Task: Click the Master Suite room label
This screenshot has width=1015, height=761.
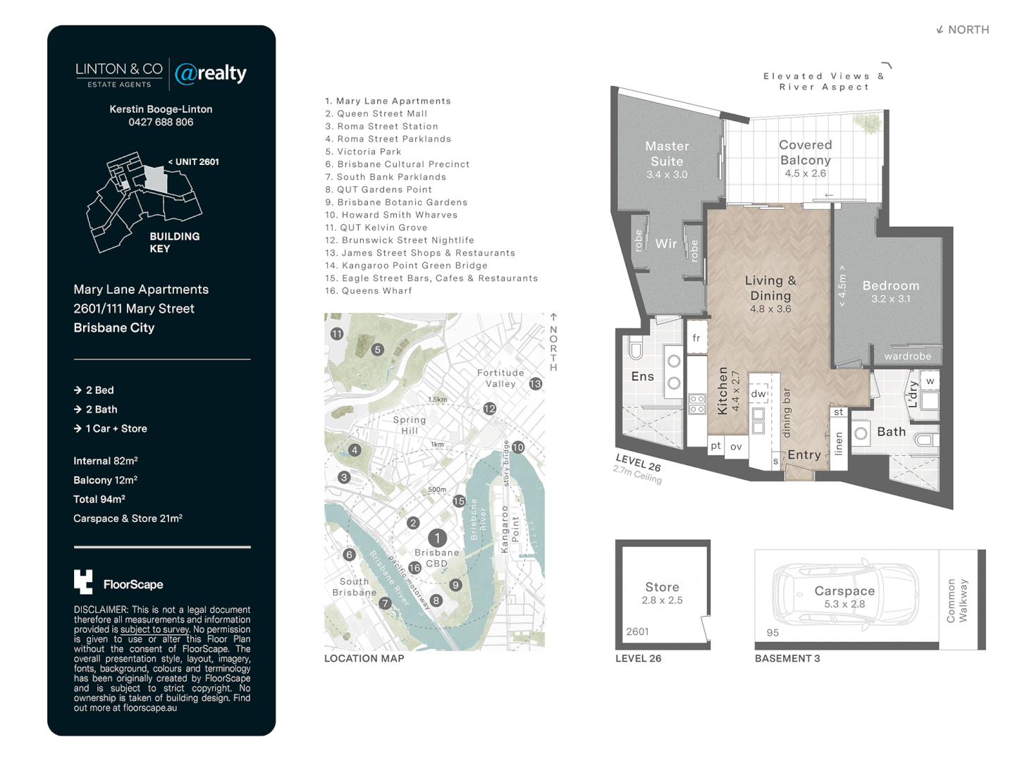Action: tap(667, 154)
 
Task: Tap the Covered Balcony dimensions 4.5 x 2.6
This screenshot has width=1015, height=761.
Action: tap(805, 173)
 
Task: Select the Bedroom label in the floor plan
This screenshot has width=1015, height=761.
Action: tap(890, 285)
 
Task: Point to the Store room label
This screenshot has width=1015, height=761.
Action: tap(662, 587)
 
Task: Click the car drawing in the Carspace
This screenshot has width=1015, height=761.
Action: tap(845, 593)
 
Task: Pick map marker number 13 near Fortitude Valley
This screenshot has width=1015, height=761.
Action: tap(536, 384)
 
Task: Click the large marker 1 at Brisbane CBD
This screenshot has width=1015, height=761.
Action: tap(437, 538)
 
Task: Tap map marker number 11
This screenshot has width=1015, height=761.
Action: tap(337, 334)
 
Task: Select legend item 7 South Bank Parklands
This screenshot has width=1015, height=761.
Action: tap(386, 177)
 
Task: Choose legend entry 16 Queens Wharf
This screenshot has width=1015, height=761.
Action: tap(369, 291)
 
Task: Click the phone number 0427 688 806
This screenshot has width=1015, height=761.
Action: tap(161, 122)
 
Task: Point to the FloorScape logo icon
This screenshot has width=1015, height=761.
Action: tap(83, 582)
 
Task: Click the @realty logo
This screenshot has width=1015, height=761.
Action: tap(211, 73)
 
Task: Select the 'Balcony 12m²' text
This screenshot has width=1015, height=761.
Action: tap(105, 480)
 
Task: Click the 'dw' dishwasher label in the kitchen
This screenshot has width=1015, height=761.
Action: tap(758, 394)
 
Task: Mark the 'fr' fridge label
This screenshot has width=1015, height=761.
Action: tap(696, 338)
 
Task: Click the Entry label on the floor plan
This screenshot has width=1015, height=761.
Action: tap(804, 455)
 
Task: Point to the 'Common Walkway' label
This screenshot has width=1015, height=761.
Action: tap(956, 600)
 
